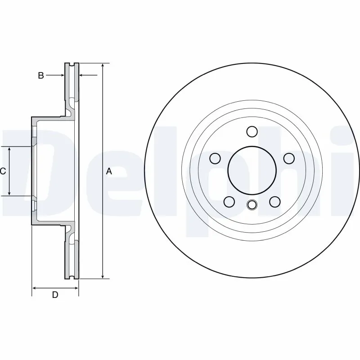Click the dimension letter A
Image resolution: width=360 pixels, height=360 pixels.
[x=108, y=171]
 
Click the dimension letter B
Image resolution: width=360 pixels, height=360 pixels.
[x=41, y=76]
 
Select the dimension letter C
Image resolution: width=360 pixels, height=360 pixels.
[x=3, y=171]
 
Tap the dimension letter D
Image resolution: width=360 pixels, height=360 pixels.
[x=55, y=295]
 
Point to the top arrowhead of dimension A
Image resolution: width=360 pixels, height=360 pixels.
[x=103, y=66]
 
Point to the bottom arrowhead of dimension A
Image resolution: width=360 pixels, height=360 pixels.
[x=103, y=276]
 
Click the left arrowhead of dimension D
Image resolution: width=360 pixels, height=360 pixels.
[x=34, y=288]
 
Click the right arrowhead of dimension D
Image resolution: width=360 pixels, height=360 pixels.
[x=76, y=288]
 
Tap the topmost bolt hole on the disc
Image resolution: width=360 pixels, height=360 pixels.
[x=252, y=131]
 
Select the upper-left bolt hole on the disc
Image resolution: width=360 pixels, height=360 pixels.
[x=216, y=158]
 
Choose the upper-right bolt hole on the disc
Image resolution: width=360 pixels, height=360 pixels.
[x=288, y=158]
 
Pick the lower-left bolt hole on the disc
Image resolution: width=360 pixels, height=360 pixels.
[x=229, y=202]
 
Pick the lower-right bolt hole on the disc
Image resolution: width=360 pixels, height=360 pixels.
[x=274, y=202]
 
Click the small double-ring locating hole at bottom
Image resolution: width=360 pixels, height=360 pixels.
[x=252, y=205]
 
